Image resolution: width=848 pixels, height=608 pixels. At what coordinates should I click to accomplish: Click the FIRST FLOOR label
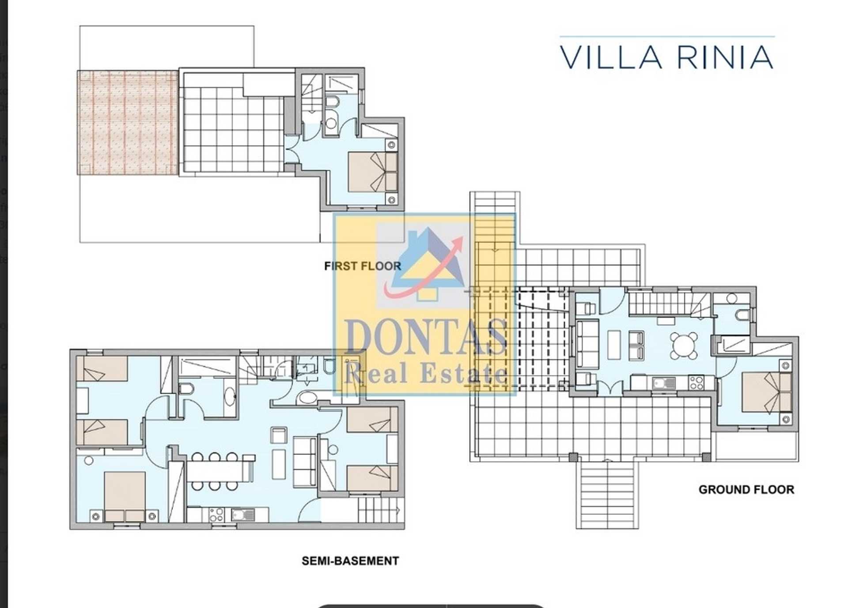click(363, 266)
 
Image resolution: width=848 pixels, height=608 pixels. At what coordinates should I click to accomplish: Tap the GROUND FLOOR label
click(746, 489)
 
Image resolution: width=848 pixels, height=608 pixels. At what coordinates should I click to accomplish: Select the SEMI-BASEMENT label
click(350, 561)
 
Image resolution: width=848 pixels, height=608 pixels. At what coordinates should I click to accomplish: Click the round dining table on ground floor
click(684, 345)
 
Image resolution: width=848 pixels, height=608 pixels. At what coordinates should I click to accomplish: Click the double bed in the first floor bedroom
click(372, 172)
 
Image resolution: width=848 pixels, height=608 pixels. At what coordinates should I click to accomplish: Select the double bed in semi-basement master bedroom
click(125, 496)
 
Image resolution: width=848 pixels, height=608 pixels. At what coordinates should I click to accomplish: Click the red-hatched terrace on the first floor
click(128, 123)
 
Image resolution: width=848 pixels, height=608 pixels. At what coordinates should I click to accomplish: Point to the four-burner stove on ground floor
click(696, 382)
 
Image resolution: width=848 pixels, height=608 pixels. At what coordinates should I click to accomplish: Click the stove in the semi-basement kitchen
click(216, 514)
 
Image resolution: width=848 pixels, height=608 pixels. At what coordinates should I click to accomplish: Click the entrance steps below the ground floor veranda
click(607, 494)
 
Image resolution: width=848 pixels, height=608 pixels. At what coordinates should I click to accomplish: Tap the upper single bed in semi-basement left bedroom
click(102, 369)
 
